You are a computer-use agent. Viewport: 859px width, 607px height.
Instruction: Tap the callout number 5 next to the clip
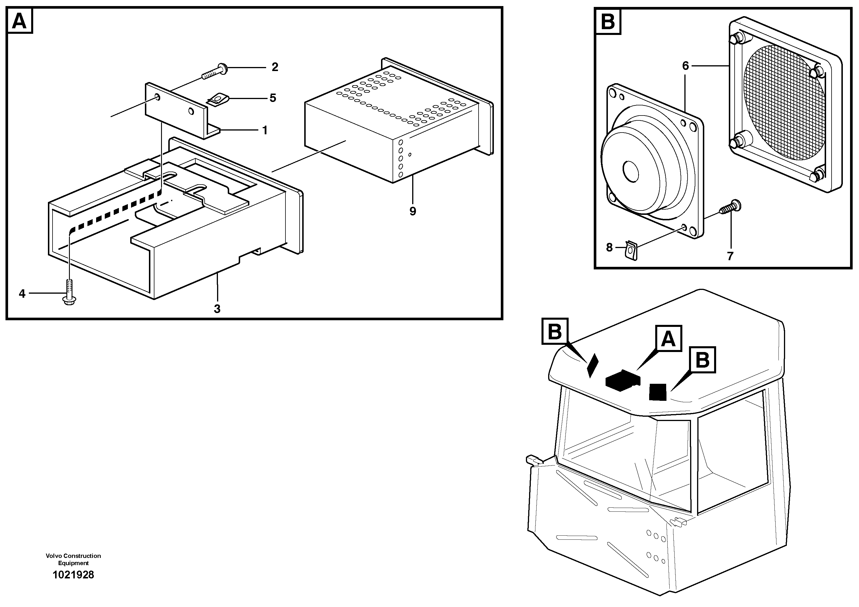(x=273, y=98)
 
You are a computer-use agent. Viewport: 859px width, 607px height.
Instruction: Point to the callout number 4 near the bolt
(x=22, y=294)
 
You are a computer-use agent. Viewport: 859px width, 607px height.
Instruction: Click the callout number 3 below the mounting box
(x=217, y=309)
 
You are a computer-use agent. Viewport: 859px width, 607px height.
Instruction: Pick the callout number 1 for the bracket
(x=265, y=131)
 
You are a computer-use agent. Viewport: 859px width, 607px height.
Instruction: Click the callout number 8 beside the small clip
(x=609, y=247)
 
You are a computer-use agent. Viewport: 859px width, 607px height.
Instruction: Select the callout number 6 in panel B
(x=686, y=66)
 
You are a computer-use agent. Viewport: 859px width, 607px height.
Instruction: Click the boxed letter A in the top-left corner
(x=19, y=21)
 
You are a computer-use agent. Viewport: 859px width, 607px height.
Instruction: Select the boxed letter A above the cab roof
(x=668, y=339)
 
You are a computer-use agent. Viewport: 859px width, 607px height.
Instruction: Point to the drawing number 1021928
(x=73, y=575)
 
